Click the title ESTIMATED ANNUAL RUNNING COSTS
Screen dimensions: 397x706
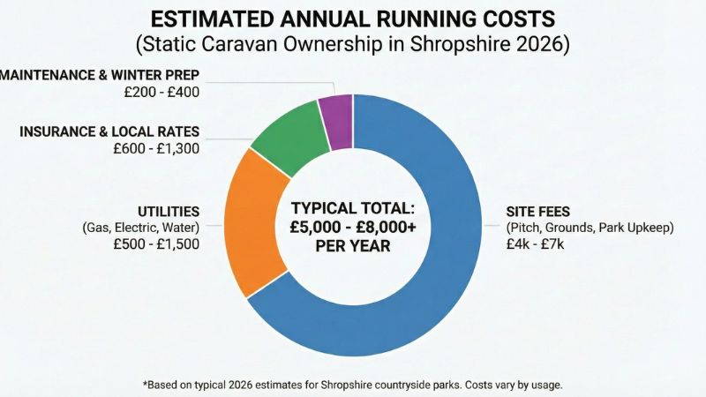353,19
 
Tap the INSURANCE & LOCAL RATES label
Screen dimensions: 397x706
109,132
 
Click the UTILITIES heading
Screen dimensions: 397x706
168,212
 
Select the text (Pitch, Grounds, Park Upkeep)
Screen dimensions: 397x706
590,228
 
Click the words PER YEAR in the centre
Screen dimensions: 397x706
353,247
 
